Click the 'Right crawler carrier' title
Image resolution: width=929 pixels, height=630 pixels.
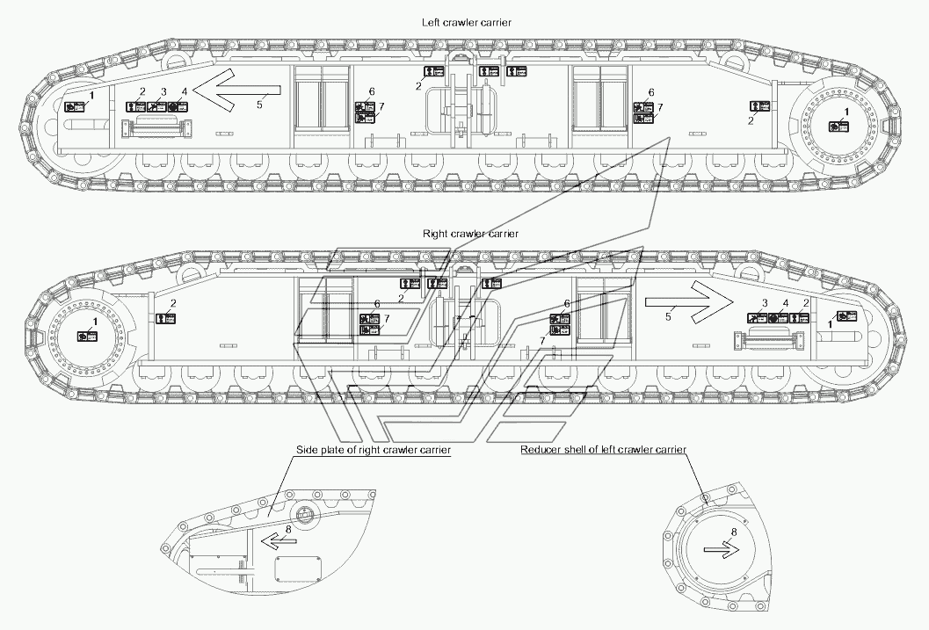(x=470, y=234)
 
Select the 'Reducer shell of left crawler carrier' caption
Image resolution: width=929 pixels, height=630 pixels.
(x=603, y=450)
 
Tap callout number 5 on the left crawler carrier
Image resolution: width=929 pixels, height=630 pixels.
(x=259, y=105)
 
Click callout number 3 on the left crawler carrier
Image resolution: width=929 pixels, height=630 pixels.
(x=163, y=92)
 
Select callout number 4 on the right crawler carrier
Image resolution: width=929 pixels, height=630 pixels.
(x=785, y=303)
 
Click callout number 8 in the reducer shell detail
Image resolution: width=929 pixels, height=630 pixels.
(x=735, y=532)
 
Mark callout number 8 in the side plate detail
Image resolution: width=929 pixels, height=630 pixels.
(x=288, y=529)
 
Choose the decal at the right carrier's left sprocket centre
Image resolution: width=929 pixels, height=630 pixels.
(x=84, y=336)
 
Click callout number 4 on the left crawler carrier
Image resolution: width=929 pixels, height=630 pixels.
(x=185, y=91)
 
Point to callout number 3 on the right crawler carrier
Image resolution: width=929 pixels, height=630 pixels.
(x=765, y=303)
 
